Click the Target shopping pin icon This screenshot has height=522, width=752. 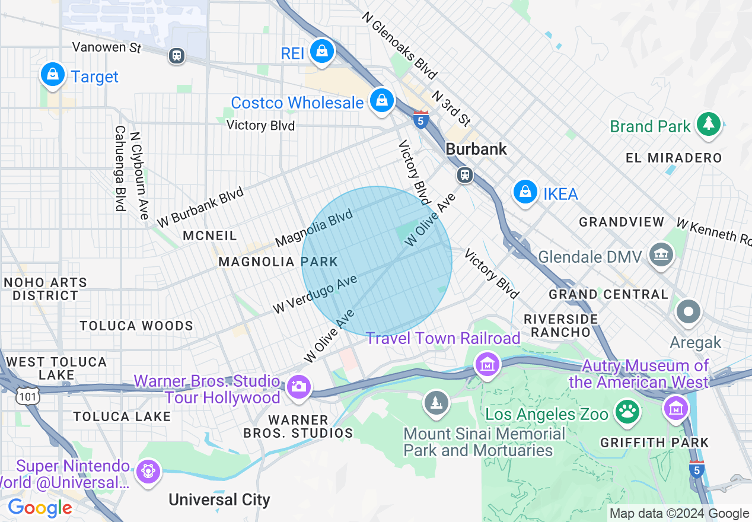click(x=53, y=75)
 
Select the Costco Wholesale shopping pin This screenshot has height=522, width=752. click(x=383, y=100)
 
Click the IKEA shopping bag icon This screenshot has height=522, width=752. click(x=525, y=192)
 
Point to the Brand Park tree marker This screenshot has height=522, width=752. click(x=708, y=124)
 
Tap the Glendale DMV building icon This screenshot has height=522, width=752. click(x=661, y=255)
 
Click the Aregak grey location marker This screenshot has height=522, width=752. click(x=689, y=311)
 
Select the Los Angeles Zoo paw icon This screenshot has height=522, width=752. click(x=627, y=411)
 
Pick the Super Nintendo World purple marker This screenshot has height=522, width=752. click(x=146, y=472)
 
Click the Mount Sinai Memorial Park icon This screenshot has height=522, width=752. click(x=436, y=403)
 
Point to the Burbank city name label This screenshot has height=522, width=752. click(x=476, y=149)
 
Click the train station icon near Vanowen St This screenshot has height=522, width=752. click(x=176, y=56)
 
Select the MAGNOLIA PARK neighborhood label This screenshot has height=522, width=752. click(x=278, y=262)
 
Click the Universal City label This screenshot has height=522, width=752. click(x=219, y=499)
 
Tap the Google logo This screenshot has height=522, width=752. click(x=40, y=508)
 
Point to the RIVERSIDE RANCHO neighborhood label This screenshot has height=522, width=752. click(x=560, y=326)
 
